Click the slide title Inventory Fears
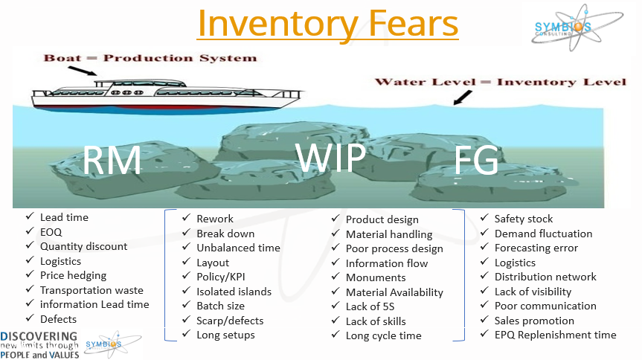(x=327, y=23)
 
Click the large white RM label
(x=112, y=160)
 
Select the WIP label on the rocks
(x=330, y=157)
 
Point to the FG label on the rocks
(x=476, y=160)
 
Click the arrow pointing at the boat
(x=83, y=71)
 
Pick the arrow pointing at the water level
(x=462, y=98)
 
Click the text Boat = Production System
(x=150, y=58)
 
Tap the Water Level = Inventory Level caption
(x=501, y=82)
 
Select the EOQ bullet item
(x=51, y=232)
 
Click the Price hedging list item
(x=74, y=276)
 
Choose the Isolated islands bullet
(x=234, y=292)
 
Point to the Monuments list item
(x=376, y=277)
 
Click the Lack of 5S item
(x=370, y=306)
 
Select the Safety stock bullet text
(x=523, y=219)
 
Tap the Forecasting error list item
(x=536, y=248)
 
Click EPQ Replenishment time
(x=555, y=335)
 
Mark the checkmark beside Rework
(x=186, y=217)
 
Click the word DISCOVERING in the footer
(x=39, y=337)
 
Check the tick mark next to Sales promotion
(x=484, y=319)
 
